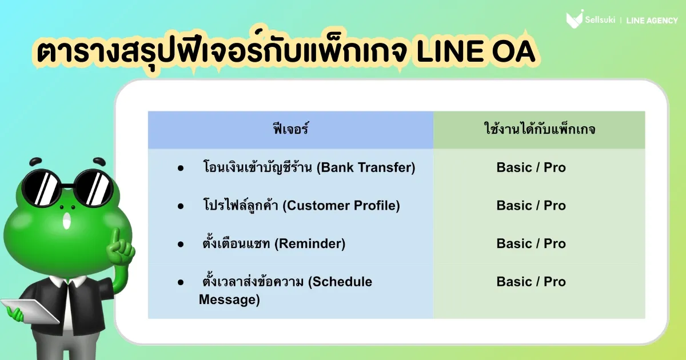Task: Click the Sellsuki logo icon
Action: tap(574, 19)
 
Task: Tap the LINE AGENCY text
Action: tap(652, 21)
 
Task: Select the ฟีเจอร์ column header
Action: tap(290, 129)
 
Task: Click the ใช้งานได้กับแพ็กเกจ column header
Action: tap(540, 129)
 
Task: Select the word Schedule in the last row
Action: tap(340, 282)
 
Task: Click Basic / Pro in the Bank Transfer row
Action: tap(531, 167)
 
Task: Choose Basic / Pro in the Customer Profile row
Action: tap(531, 205)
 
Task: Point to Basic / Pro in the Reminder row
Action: tap(531, 243)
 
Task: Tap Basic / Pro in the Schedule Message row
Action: tap(531, 282)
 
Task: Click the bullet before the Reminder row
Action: tap(181, 245)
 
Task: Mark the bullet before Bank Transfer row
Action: tap(181, 168)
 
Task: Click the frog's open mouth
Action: tap(66, 221)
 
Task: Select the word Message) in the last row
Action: tap(229, 299)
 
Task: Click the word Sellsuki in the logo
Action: tap(600, 20)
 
